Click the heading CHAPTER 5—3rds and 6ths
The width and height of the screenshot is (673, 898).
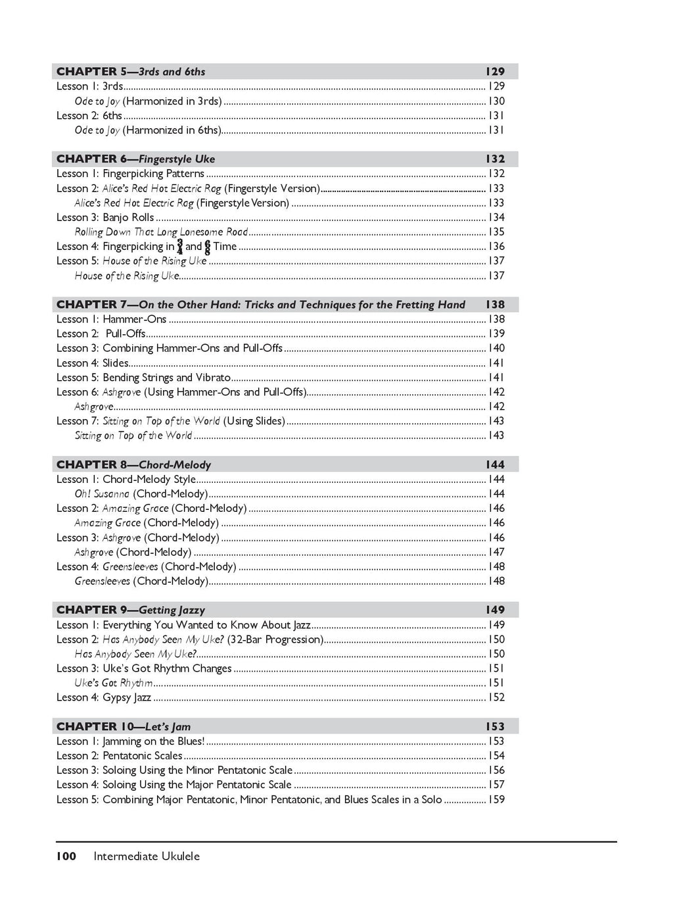(x=131, y=72)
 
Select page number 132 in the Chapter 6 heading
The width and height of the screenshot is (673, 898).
(x=495, y=159)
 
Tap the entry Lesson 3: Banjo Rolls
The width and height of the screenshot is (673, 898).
(x=105, y=218)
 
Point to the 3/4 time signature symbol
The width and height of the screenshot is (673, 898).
(x=180, y=247)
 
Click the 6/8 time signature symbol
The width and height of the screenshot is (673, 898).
(x=208, y=247)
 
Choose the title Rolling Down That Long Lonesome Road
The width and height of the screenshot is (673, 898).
(x=161, y=232)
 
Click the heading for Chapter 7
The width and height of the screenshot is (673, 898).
(x=260, y=305)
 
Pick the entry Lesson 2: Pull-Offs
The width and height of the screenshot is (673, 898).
(x=101, y=334)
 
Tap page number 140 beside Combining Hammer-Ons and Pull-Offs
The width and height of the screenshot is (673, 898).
(x=496, y=349)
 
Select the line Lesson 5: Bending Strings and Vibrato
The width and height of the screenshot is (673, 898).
(x=143, y=378)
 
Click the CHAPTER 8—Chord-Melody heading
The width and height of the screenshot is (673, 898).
(x=133, y=465)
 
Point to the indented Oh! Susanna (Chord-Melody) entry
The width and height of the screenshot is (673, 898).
(x=141, y=494)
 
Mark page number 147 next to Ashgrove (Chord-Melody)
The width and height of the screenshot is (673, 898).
(x=496, y=553)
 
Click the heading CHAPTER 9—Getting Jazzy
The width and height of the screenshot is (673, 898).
(x=131, y=611)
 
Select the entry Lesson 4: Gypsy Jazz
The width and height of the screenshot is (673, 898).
(x=104, y=697)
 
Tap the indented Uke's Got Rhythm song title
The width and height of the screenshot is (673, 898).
(x=114, y=683)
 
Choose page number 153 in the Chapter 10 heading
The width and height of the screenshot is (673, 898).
(x=495, y=727)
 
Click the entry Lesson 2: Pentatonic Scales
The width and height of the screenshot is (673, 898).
(x=120, y=756)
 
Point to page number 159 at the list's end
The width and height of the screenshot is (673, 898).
(x=496, y=800)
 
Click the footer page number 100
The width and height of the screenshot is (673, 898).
(x=66, y=857)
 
